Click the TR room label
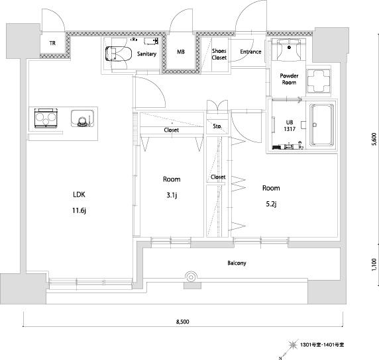point(52,43)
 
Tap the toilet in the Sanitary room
point(119,54)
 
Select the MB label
point(181,52)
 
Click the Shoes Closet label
point(219,54)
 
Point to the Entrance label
point(250,52)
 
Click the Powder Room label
point(289,79)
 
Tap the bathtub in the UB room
point(322,125)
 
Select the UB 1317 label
point(290,126)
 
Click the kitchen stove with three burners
point(46,118)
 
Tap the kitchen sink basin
point(82,118)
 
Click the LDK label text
point(79,195)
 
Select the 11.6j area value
point(79,210)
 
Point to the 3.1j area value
point(172,195)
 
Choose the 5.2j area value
point(271,204)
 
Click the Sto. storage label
point(217,126)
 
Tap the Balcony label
point(237,263)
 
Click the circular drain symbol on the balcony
point(191,277)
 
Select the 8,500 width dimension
point(182,322)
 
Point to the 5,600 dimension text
point(374,139)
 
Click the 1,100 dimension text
point(374,265)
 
